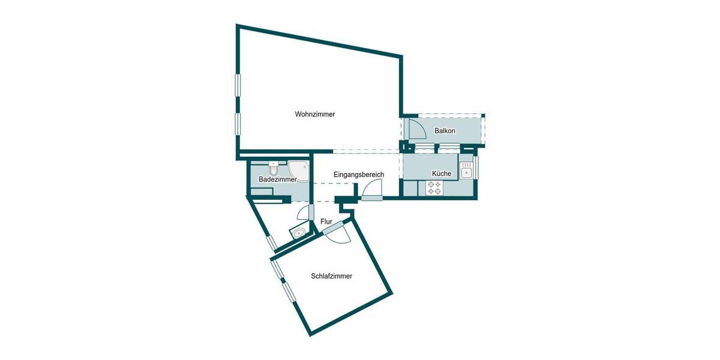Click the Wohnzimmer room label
pyautogui.click(x=314, y=114)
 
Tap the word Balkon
pyautogui.click(x=445, y=131)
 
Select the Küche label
pyautogui.click(x=441, y=173)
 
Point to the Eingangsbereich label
pyautogui.click(x=359, y=175)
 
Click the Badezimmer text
pyautogui.click(x=278, y=179)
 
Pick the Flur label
pyautogui.click(x=326, y=221)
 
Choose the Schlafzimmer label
pyautogui.click(x=331, y=277)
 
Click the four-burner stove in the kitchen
pyautogui.click(x=434, y=189)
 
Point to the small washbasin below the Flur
pyautogui.click(x=299, y=233)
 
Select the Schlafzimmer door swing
pyautogui.click(x=336, y=235)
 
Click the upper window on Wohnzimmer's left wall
pyautogui.click(x=238, y=89)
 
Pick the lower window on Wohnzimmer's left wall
pyautogui.click(x=238, y=128)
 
